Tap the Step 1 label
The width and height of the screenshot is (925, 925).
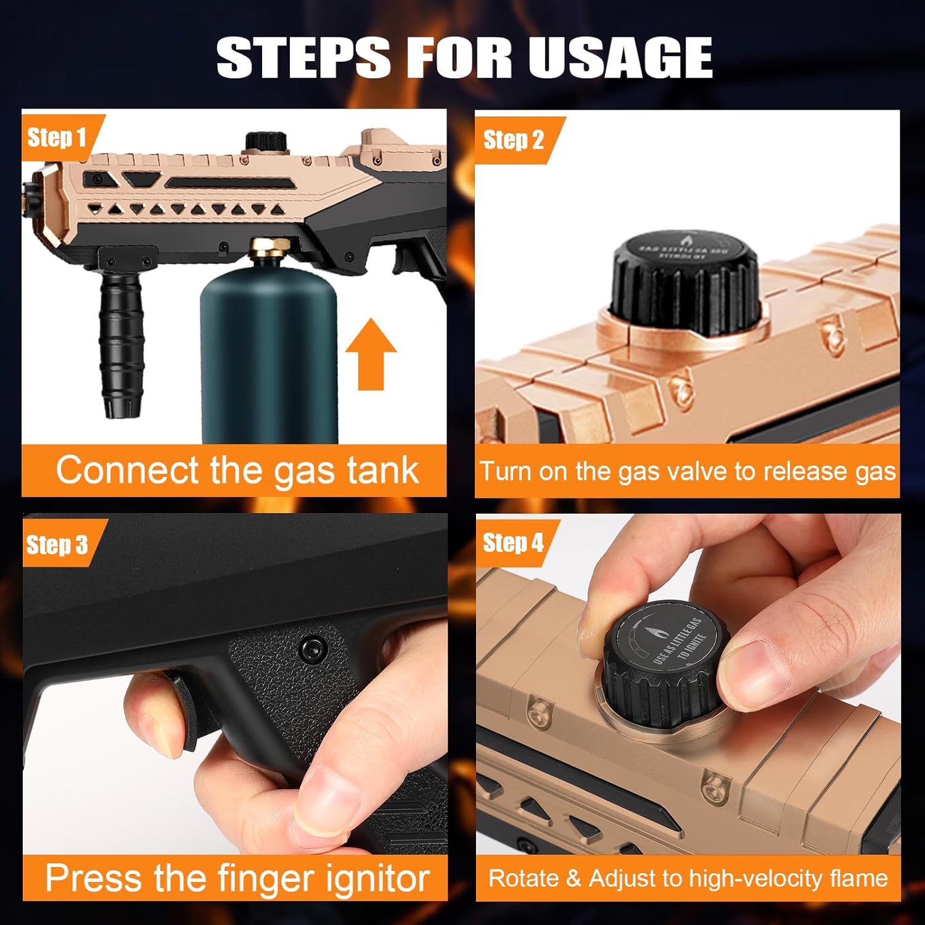56,138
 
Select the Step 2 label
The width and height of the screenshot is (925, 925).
513,140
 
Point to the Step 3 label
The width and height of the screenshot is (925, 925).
57,545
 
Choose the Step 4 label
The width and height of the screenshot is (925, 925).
513,543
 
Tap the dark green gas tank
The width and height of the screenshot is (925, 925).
269,358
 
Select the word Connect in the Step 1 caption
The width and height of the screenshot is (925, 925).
127,471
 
